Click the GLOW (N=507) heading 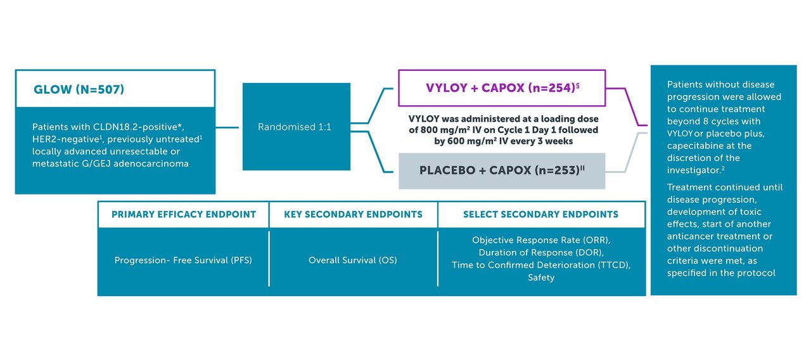tap(79, 89)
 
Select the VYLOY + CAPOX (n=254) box tap(501, 88)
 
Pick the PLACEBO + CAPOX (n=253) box tap(501, 171)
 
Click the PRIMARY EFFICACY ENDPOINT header tap(184, 215)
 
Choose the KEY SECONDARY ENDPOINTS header tap(353, 215)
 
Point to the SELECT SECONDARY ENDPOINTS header tap(541, 215)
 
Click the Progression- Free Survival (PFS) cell tap(183, 260)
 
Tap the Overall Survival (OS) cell tap(353, 260)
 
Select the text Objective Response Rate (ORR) tap(541, 241)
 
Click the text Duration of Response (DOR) tap(541, 253)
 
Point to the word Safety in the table tap(541, 278)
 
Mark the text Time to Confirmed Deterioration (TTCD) tap(541, 265)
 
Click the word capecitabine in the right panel tap(696, 146)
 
